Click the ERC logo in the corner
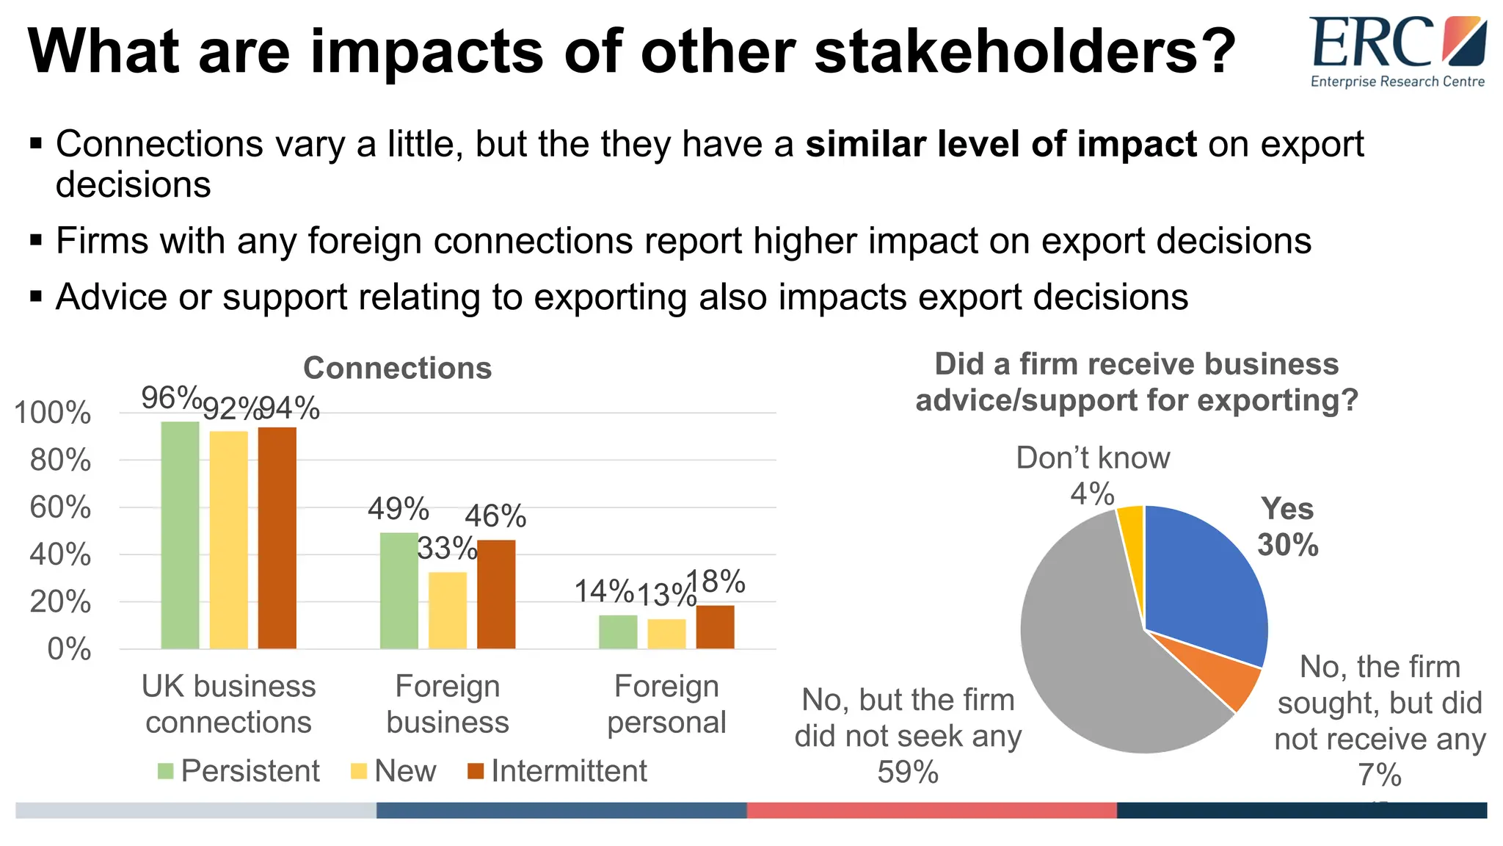click(x=1397, y=51)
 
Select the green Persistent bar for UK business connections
click(x=180, y=536)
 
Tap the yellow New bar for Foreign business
click(x=448, y=611)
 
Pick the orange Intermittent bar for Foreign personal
click(x=715, y=627)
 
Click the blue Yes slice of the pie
click(x=1204, y=580)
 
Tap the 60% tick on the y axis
click(x=60, y=507)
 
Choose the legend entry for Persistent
click(x=239, y=771)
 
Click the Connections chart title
click(x=397, y=368)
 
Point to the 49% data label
click(x=398, y=509)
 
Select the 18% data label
click(x=716, y=582)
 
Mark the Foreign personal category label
click(x=666, y=704)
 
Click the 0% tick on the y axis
click(x=69, y=649)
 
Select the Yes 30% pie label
click(x=1287, y=527)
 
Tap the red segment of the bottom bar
click(x=931, y=810)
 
